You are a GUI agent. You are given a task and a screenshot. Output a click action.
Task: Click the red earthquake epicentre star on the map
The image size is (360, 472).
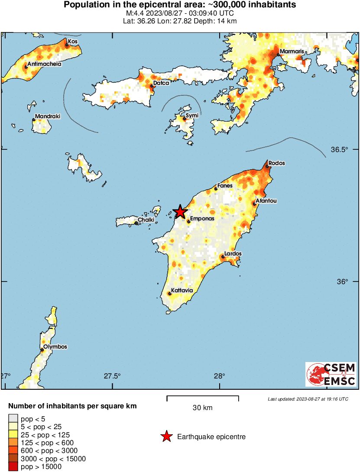(180, 212)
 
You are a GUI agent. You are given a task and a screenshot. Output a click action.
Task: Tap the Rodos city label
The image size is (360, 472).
(276, 164)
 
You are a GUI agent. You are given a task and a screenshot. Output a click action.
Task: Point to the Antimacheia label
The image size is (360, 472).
(45, 64)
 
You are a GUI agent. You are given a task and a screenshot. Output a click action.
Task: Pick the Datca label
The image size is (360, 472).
(161, 83)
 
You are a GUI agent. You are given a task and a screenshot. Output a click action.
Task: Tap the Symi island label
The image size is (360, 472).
(192, 116)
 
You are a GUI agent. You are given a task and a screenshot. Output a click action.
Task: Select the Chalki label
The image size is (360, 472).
(146, 220)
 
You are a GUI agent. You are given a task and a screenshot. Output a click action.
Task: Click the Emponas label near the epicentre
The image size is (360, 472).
(202, 219)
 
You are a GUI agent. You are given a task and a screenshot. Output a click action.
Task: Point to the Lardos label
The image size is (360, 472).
(233, 254)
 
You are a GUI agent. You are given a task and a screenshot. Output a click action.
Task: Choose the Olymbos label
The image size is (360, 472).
(55, 347)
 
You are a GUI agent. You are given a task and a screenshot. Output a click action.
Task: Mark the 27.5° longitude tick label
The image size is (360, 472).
(113, 375)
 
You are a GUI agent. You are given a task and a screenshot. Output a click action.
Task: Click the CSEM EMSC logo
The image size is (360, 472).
(331, 374)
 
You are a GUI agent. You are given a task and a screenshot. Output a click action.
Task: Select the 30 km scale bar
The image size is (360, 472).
(202, 397)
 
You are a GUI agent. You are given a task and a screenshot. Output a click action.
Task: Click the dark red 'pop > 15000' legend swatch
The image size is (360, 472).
(13, 466)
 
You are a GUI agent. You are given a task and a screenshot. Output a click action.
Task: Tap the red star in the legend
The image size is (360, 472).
(166, 437)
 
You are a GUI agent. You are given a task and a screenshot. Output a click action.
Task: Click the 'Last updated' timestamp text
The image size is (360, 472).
(308, 398)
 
